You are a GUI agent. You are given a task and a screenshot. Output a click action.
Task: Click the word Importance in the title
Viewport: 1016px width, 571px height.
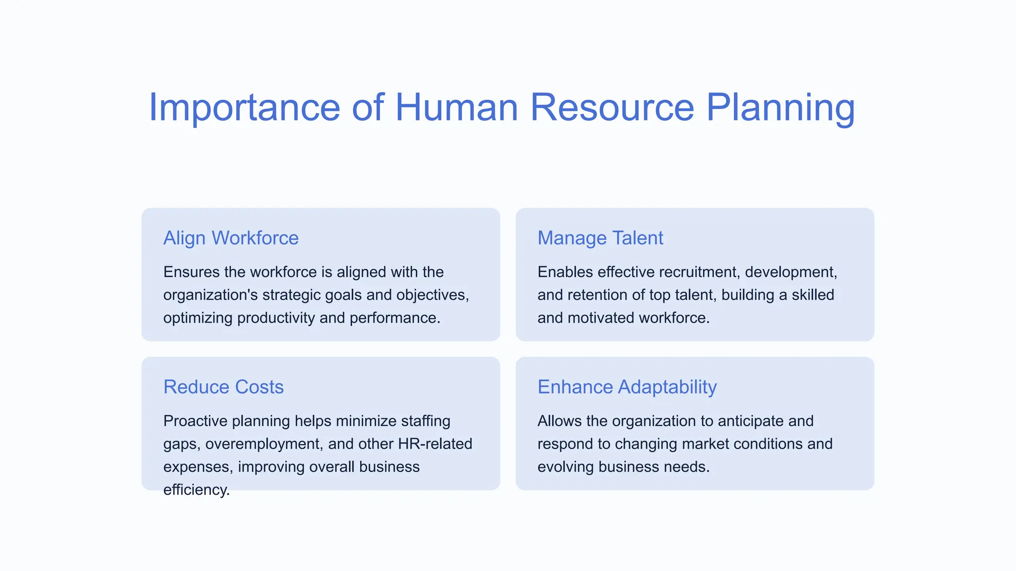point(244,108)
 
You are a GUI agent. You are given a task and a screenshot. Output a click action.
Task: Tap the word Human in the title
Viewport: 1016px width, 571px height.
point(456,108)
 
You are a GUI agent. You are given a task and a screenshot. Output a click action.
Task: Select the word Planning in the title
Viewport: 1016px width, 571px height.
point(780,108)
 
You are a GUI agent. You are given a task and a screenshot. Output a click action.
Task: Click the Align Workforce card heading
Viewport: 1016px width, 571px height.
point(231,238)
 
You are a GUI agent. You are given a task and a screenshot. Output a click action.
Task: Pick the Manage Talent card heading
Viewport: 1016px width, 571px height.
point(600,238)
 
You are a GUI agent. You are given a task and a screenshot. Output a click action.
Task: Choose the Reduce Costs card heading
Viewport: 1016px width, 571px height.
point(223,387)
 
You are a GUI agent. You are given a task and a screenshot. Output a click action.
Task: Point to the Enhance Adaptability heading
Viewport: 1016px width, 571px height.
point(627,387)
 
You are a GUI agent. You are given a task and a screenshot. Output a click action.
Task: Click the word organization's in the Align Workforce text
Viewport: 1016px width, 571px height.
point(210,295)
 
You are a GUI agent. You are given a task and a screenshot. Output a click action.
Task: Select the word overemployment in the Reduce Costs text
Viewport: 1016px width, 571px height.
point(263,444)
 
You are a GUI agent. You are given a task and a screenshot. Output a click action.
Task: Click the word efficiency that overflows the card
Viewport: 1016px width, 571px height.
point(196,490)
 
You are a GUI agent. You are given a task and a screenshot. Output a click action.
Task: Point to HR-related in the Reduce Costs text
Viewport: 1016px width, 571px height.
point(435,444)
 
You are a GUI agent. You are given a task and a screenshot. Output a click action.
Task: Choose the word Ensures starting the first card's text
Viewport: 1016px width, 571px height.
point(191,272)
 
